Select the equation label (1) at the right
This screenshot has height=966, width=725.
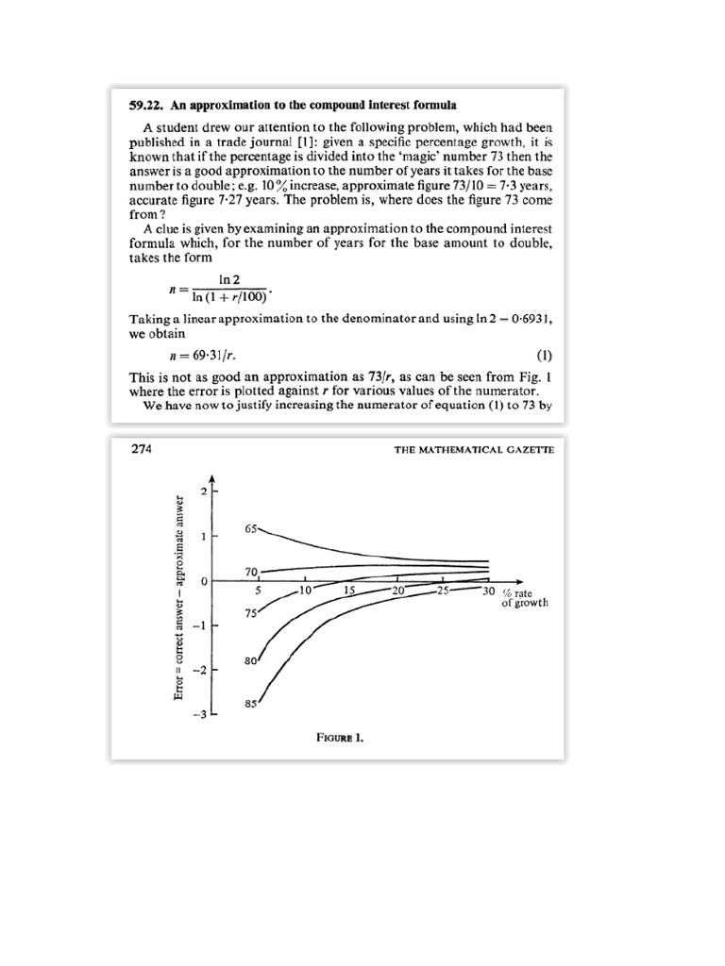coord(543,357)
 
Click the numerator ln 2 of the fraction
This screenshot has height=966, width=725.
coord(231,280)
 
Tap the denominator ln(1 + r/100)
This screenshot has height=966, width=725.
coord(231,300)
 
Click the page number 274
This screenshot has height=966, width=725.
coord(141,450)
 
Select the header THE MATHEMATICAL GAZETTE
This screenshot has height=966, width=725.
coord(474,451)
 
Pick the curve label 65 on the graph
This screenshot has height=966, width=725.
coord(251,529)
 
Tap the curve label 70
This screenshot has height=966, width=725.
coord(251,572)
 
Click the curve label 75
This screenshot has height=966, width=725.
coord(251,613)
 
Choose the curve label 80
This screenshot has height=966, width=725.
coord(250,661)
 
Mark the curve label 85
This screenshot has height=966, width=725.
coord(250,704)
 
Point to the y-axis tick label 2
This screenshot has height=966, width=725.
coord(202,491)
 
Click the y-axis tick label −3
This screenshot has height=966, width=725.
coord(199,714)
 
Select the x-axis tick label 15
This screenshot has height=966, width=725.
coord(348,591)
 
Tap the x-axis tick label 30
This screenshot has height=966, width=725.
coord(488,591)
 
